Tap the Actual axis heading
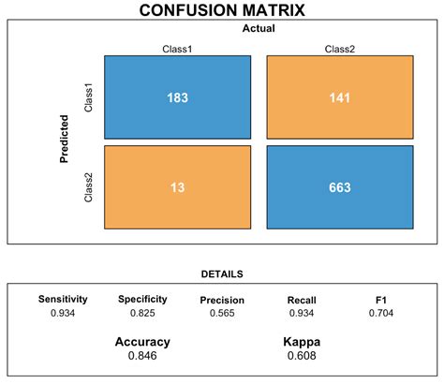[x=258, y=29]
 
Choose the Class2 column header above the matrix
[x=340, y=48]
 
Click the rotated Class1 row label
[x=89, y=97]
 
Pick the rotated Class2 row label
[x=89, y=187]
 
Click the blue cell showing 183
[x=178, y=97]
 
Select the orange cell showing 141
[x=340, y=97]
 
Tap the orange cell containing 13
[x=178, y=187]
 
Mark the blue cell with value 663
[x=340, y=187]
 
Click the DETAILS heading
[x=222, y=274]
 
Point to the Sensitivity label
[x=63, y=299]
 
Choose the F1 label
[x=381, y=299]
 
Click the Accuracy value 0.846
[x=142, y=356]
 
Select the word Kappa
[x=302, y=342]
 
